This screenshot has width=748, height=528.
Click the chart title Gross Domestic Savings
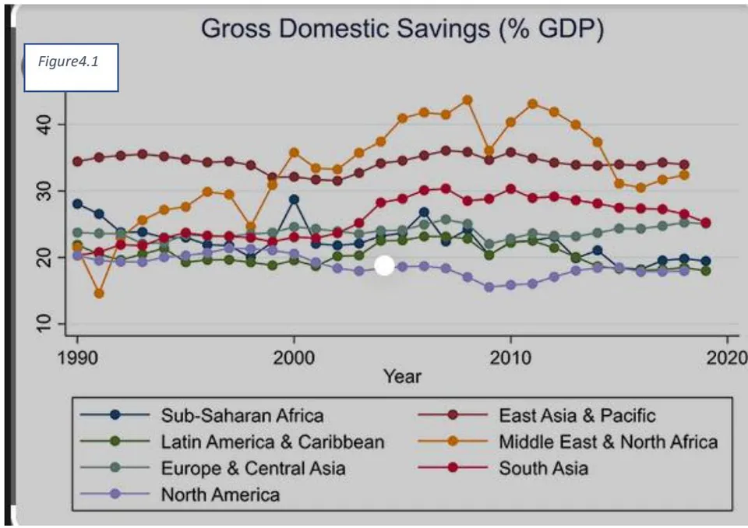click(402, 29)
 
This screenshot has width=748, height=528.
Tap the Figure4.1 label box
click(71, 67)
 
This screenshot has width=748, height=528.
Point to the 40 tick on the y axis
click(44, 125)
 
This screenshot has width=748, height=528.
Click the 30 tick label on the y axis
click(44, 191)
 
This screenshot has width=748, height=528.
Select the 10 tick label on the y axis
click(44, 323)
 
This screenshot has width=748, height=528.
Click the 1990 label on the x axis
click(78, 357)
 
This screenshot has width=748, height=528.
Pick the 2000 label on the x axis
click(294, 357)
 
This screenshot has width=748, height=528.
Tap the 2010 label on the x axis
click(510, 357)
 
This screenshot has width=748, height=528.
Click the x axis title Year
click(402, 377)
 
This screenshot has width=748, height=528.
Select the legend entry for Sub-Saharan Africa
click(203, 415)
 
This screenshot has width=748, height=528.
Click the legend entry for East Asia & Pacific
click(537, 415)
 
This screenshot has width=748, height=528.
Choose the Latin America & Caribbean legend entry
click(232, 442)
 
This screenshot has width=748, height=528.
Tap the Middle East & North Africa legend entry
click(568, 442)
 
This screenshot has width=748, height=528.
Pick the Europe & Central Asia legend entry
click(213, 468)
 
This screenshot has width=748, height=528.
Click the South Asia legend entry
click(503, 468)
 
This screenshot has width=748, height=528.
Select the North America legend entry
click(180, 495)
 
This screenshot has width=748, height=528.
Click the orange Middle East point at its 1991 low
click(99, 294)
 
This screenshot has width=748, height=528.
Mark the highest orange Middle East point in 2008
click(467, 100)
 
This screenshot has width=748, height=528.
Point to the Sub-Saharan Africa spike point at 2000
click(294, 199)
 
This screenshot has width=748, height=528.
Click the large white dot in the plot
click(384, 266)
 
